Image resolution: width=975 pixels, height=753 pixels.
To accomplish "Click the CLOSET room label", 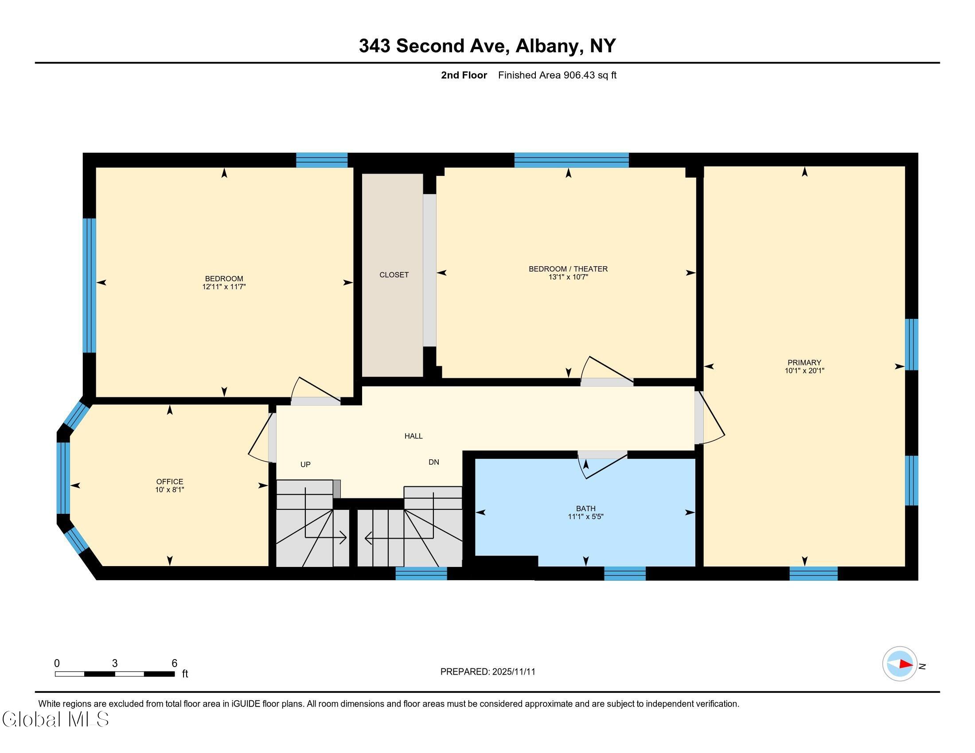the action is [x=394, y=275].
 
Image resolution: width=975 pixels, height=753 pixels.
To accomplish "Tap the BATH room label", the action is [x=585, y=508].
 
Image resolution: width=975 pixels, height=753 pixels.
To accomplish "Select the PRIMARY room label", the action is [x=804, y=363].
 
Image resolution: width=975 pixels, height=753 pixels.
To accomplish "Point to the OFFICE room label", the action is [x=170, y=482].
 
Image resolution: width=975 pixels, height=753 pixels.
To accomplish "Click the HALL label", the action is [x=413, y=436].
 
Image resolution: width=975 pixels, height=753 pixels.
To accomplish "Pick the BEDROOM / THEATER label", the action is [x=568, y=269].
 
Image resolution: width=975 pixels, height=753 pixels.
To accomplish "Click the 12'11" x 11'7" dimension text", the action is [x=224, y=287].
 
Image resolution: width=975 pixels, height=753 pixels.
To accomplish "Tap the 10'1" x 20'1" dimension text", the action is [x=804, y=371].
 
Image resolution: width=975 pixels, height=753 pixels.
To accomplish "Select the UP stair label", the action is [x=305, y=464].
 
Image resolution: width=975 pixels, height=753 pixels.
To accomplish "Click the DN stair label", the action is [x=433, y=462].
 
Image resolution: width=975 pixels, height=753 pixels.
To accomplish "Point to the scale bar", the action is [x=115, y=674].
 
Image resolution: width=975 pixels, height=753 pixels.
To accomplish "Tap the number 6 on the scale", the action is [x=175, y=664].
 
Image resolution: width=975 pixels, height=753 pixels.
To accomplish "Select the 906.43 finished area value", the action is [x=579, y=75].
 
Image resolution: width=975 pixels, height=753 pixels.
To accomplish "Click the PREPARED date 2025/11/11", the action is [x=513, y=672].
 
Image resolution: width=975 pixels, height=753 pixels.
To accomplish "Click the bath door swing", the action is [x=603, y=465].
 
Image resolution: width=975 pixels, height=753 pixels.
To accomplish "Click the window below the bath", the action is [x=624, y=573].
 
